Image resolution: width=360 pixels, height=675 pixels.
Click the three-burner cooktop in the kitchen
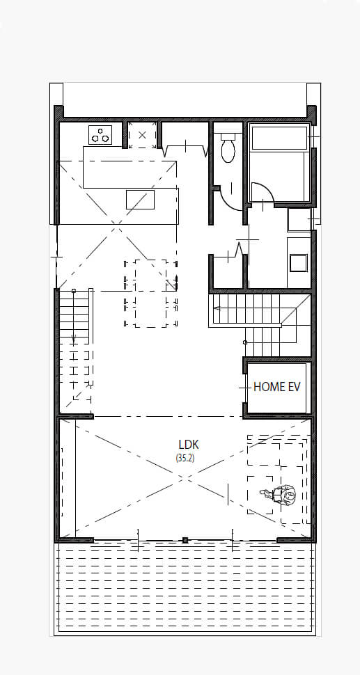tap(100, 135)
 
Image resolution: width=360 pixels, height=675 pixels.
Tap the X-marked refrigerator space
tap(142, 135)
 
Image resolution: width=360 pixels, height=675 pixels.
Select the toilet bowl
tap(228, 148)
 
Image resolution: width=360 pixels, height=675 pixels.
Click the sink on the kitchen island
tap(140, 199)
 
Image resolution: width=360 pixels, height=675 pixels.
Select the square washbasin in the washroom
tap(299, 262)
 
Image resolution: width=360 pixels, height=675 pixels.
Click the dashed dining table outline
tap(150, 293)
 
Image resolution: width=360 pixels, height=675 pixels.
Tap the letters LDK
tap(189, 444)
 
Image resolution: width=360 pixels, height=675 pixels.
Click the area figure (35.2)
tap(185, 458)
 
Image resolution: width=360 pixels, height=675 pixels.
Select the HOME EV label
tap(277, 387)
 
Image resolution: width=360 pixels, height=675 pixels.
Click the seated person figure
tap(281, 495)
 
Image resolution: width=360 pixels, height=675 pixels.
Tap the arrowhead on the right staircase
tap(217, 308)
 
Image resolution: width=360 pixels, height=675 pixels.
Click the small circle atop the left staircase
tap(74, 291)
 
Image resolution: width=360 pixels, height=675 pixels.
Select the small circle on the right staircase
tap(245, 342)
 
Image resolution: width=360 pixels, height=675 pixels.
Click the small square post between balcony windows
tap(185, 540)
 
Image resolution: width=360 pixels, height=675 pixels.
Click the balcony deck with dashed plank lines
tap(185, 587)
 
